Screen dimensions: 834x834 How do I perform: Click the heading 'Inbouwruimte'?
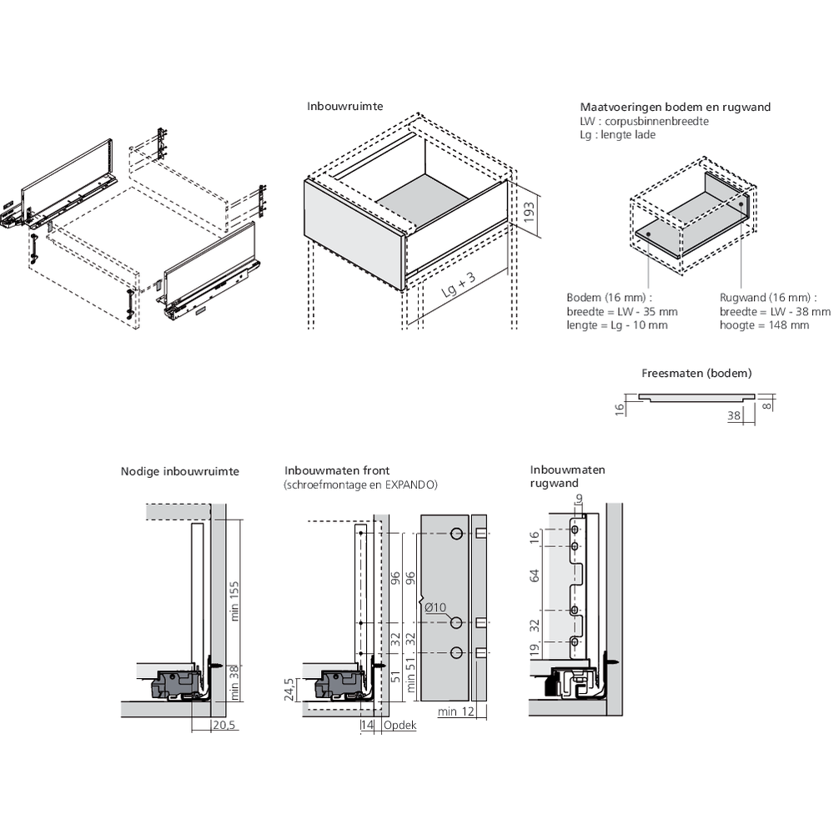345,107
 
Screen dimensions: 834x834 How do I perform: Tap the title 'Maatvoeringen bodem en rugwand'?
675,107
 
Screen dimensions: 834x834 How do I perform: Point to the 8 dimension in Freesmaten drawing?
767,404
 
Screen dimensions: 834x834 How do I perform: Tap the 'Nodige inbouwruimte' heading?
179,471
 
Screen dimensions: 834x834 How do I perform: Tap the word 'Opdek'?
399,726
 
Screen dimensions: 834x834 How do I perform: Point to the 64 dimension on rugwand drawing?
535,575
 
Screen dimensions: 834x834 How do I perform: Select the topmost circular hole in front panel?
456,534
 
